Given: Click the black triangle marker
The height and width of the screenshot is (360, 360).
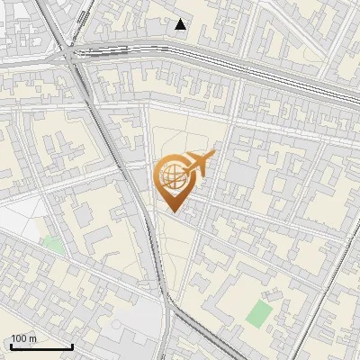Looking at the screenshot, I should (181, 24).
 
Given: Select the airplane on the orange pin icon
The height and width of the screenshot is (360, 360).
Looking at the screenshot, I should (198, 165).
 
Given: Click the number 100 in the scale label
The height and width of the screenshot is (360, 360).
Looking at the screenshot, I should (17, 338).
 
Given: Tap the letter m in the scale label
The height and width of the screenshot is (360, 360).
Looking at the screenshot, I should (31, 338).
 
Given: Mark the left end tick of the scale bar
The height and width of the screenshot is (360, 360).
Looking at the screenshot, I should (10, 346).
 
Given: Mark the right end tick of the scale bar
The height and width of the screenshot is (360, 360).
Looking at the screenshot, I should (72, 346).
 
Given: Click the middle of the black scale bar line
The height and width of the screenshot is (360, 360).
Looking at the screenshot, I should (40, 347).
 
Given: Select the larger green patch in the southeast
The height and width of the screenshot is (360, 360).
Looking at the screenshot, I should (258, 314).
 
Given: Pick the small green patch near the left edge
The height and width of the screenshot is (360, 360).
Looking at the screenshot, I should (53, 244).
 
